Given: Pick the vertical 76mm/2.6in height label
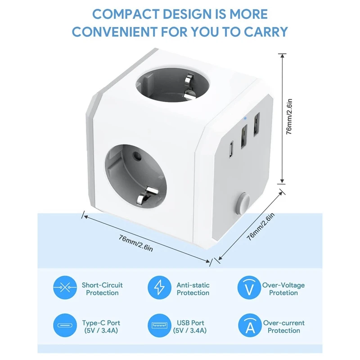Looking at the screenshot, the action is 291,118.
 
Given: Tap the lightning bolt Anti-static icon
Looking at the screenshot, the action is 160,288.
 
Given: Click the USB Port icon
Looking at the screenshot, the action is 160,326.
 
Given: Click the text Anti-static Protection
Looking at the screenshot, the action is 193,289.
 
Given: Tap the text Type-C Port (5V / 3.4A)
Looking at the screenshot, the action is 101,327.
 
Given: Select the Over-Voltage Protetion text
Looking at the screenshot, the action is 283,289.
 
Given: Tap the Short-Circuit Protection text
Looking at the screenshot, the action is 102,289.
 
